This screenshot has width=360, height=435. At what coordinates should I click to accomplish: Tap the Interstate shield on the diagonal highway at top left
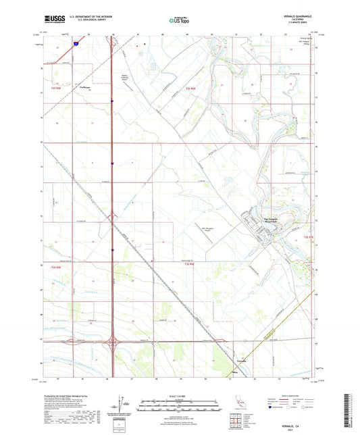coord(78,43)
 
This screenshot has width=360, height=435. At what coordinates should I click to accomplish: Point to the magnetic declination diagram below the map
coord(122,407)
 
